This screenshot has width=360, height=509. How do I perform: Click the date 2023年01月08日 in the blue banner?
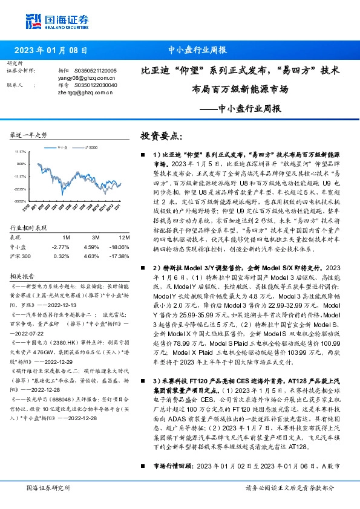click(54, 51)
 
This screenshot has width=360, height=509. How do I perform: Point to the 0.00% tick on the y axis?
click(21, 164)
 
